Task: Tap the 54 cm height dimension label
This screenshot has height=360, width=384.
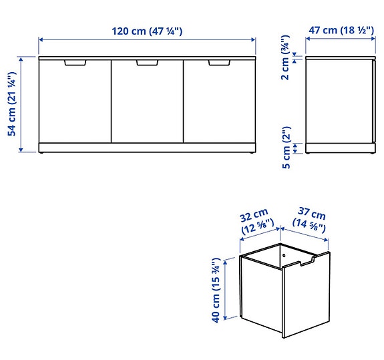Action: pos(12,104)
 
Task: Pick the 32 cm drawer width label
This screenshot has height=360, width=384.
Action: pos(255,222)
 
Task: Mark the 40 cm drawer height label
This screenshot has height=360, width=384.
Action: pos(216,290)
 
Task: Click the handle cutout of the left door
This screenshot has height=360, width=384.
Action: pos(75,63)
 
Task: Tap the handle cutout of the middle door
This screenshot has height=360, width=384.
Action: pos(147,63)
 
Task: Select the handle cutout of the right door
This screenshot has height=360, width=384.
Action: pos(218,63)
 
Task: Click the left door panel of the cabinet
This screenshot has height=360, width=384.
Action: pos(75,104)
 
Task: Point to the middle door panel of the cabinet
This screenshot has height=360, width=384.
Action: pos(147,104)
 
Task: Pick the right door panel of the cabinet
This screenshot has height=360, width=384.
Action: pos(219,104)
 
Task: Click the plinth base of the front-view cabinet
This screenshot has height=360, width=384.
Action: pos(147,147)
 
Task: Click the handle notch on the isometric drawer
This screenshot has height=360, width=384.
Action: pos(307,262)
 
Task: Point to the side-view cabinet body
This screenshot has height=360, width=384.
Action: pos(338,100)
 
